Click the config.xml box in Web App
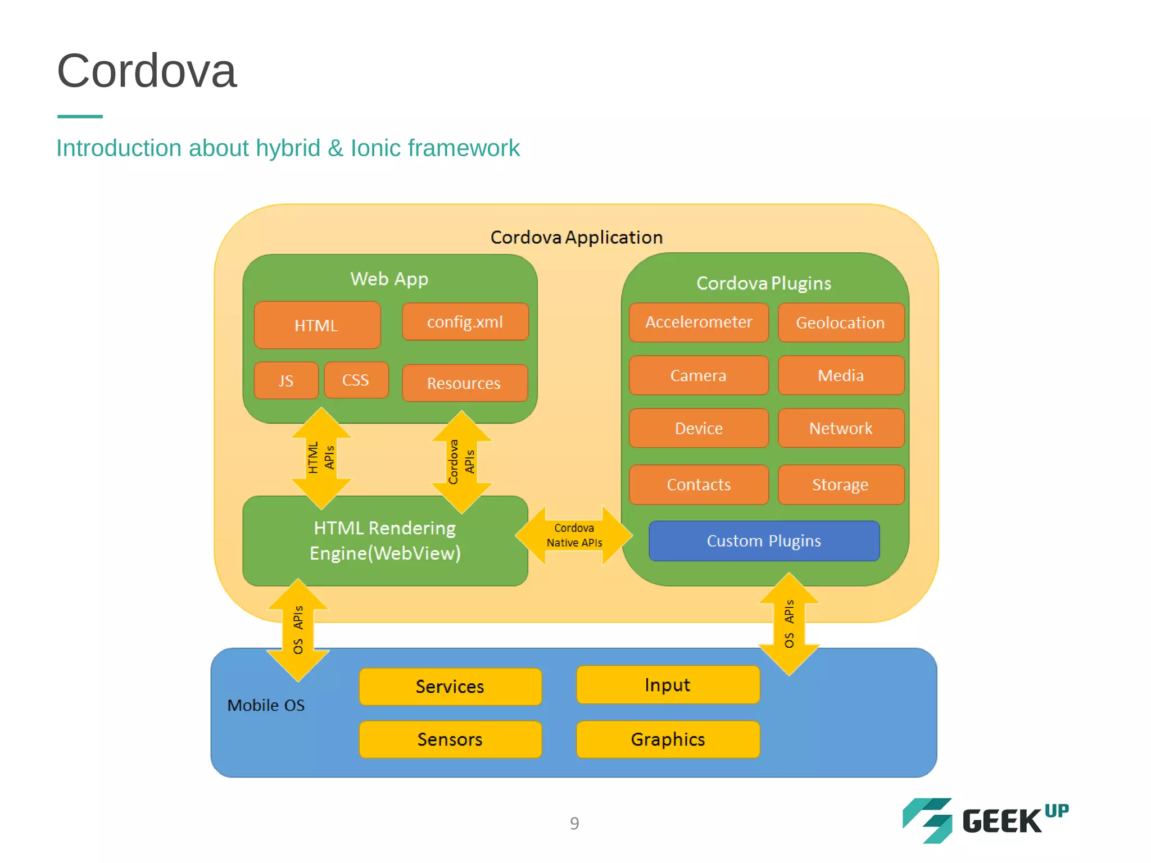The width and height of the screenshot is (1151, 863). click(x=465, y=322)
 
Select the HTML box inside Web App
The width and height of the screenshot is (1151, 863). click(x=317, y=325)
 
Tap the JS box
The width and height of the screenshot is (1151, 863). click(x=286, y=380)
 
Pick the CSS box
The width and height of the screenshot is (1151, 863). click(x=356, y=380)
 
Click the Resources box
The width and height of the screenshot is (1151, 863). click(x=464, y=383)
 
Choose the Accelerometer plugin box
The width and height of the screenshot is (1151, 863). click(x=699, y=323)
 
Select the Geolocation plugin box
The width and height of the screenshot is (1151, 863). click(x=840, y=323)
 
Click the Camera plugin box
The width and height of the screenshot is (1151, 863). click(x=699, y=375)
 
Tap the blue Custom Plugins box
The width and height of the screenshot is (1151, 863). click(x=764, y=540)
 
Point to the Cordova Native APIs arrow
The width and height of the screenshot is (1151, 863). click(x=574, y=535)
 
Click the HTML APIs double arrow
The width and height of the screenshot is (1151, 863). click(x=321, y=458)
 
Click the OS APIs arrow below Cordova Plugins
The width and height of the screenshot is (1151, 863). click(x=789, y=624)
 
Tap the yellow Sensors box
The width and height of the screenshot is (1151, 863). click(x=450, y=739)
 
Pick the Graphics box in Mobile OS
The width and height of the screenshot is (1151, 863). click(x=668, y=739)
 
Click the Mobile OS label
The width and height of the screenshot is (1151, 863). click(x=266, y=705)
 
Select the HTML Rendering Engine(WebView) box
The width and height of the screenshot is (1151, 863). click(x=385, y=540)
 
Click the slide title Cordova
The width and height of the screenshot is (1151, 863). click(x=147, y=71)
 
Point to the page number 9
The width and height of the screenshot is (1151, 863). click(x=574, y=823)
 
